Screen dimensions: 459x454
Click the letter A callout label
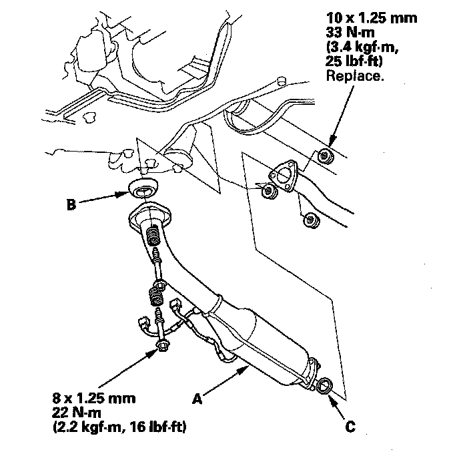click(x=197, y=399)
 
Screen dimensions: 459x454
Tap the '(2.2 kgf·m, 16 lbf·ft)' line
click(x=119, y=425)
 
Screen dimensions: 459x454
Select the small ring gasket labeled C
click(x=325, y=385)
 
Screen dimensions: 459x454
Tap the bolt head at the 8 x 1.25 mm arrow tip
click(x=162, y=345)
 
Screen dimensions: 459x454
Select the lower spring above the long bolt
click(x=155, y=291)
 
